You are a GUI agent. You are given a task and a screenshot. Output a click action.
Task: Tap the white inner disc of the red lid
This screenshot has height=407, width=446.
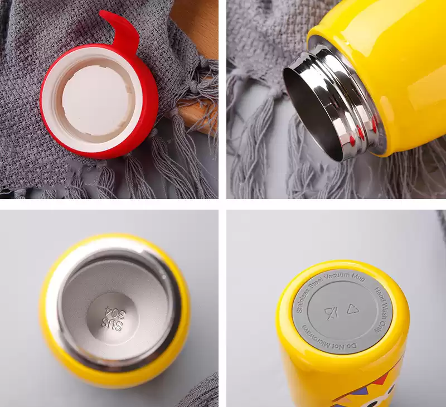(x=96, y=100)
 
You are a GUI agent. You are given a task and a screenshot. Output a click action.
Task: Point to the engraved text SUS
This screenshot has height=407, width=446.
(x=113, y=325)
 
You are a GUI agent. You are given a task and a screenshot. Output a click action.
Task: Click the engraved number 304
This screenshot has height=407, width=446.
(x=115, y=312)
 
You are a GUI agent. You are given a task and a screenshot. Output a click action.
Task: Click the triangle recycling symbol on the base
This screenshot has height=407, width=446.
(x=352, y=309)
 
